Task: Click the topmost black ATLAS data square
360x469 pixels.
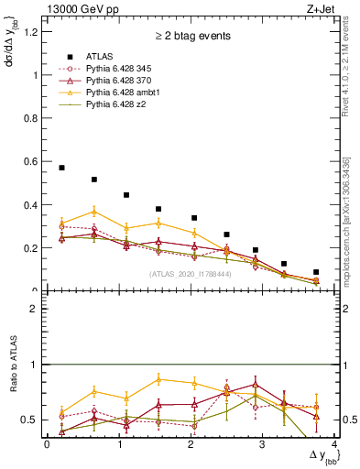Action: (61, 168)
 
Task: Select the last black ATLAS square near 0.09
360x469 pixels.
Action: (316, 272)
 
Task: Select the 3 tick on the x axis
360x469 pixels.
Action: (263, 444)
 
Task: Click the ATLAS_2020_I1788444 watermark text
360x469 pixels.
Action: (190, 273)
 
